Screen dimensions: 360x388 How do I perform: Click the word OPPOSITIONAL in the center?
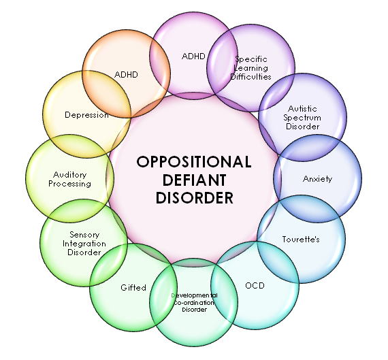(x=194, y=162)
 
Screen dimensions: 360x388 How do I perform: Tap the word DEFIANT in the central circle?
(x=194, y=180)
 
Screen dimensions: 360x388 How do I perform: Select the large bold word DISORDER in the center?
(x=194, y=199)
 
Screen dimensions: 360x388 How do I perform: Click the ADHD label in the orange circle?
(x=125, y=74)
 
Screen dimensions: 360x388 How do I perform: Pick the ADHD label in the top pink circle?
(x=194, y=56)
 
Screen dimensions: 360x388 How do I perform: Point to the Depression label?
(x=86, y=115)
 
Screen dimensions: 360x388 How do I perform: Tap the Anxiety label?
(x=317, y=179)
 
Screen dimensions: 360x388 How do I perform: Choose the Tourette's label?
(x=300, y=239)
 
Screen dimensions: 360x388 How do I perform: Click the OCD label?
(x=255, y=285)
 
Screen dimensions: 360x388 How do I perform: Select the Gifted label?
(x=133, y=287)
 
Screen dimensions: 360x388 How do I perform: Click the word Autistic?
(x=303, y=109)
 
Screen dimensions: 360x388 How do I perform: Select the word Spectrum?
(x=303, y=118)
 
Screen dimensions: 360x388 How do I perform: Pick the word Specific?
(x=250, y=59)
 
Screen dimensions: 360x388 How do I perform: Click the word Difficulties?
(x=250, y=77)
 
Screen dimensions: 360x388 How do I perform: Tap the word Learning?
(x=250, y=68)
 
